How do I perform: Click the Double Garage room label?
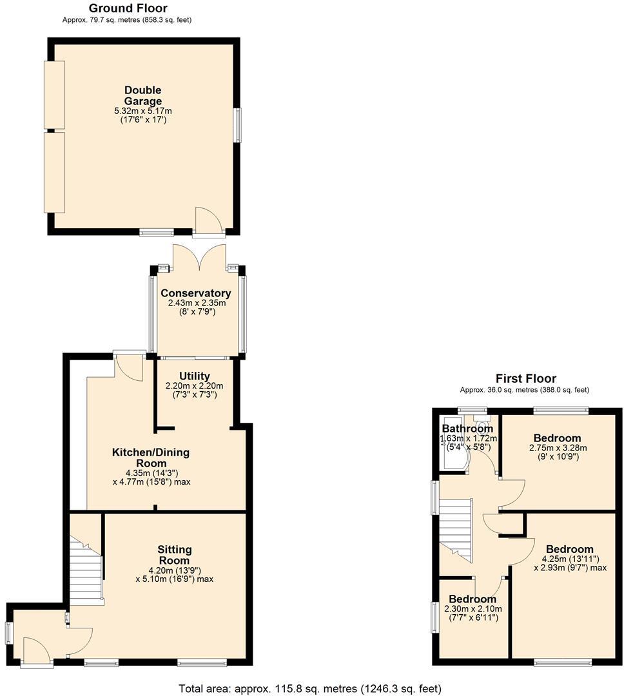(142, 95)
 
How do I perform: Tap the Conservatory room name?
(195, 293)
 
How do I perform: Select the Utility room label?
(194, 376)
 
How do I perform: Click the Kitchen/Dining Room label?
(151, 458)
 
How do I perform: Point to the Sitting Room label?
(174, 555)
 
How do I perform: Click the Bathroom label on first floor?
(467, 429)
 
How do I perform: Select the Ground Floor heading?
(128, 8)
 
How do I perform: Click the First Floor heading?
(525, 378)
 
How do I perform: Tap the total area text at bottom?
(310, 688)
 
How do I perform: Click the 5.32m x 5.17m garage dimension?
(142, 111)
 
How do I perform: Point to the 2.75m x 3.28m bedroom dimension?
(557, 449)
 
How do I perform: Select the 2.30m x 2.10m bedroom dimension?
(473, 609)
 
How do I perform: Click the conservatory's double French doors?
(199, 256)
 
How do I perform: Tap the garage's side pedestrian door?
(208, 221)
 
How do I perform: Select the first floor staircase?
(456, 529)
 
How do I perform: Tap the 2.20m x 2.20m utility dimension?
(194, 386)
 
